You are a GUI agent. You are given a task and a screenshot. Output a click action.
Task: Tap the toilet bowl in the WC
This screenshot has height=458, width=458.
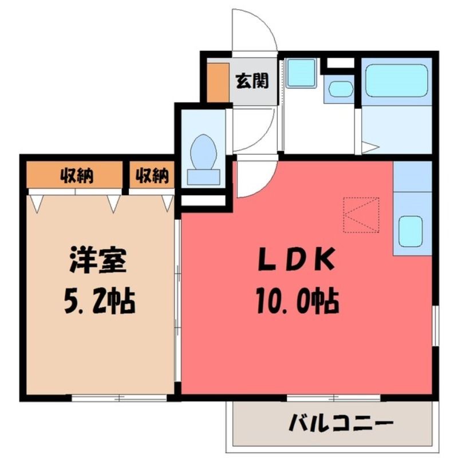coord(204,152)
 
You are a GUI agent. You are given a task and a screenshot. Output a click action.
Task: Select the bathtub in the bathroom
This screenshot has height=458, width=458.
coord(396,81)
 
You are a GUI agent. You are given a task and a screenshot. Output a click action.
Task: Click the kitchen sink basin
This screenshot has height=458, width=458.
coord(410,231)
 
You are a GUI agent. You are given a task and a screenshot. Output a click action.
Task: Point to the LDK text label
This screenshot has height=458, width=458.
coord(297,259)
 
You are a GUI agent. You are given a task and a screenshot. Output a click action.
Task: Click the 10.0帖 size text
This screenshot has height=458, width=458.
coord(298,301)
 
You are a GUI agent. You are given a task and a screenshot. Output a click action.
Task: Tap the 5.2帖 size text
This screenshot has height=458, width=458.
coord(99,301)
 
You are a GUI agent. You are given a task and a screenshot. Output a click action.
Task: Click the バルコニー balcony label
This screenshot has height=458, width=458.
coord(340,423)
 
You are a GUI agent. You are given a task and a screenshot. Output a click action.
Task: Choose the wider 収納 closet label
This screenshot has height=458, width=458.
coord(77,176)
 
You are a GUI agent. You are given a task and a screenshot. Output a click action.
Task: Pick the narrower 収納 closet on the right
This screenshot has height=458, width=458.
coord(152,175)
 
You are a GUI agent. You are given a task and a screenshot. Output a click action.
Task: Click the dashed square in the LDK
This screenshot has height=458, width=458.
coord(361,215)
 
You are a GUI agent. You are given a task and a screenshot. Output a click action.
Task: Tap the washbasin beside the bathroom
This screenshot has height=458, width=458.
coord(341,89)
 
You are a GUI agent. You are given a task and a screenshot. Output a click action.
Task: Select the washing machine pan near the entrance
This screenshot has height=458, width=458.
coord(301,73)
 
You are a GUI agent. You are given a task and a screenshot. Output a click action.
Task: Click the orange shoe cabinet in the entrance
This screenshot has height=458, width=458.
coord(218,82)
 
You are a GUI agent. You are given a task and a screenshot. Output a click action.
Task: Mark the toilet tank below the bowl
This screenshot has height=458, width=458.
coord(204,177)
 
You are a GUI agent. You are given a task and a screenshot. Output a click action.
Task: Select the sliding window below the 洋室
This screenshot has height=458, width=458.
coord(119,397)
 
